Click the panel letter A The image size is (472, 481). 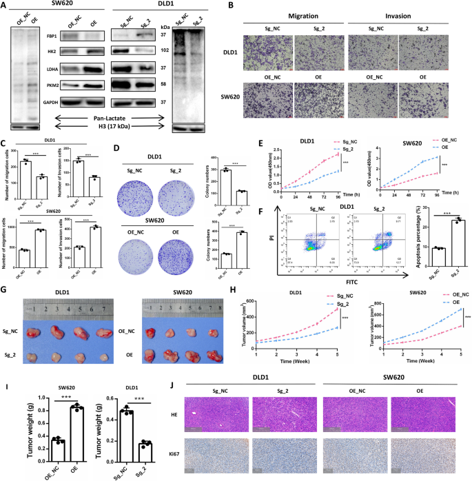pos(6,6)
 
